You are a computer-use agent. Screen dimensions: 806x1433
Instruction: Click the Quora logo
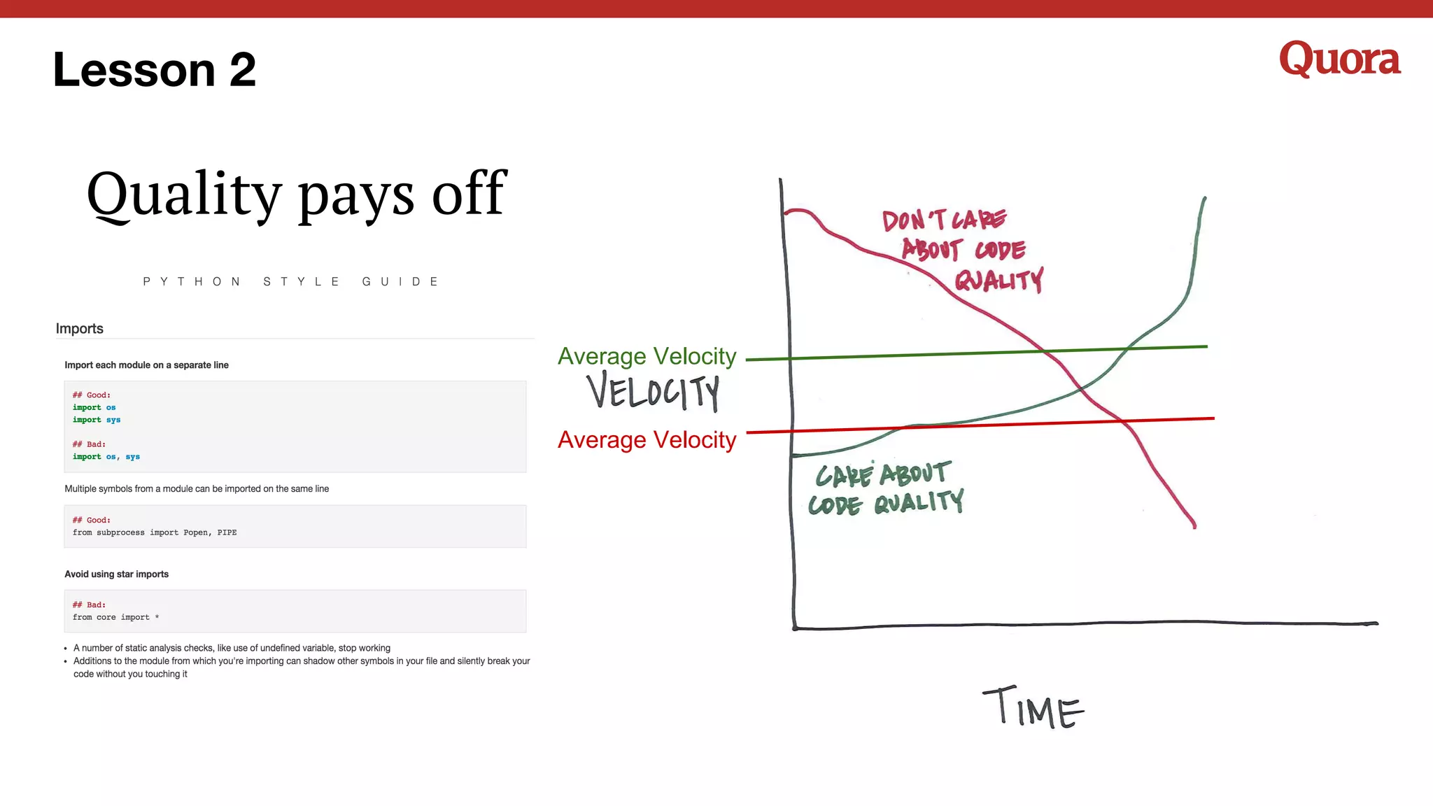click(1339, 59)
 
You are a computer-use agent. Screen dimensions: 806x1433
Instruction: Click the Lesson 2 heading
click(155, 70)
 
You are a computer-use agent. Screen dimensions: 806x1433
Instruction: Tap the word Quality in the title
click(184, 194)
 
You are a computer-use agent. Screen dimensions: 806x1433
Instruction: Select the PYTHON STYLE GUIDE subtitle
click(291, 282)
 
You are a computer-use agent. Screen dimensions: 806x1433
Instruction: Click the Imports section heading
click(79, 329)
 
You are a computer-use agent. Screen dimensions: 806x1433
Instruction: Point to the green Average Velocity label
click(647, 356)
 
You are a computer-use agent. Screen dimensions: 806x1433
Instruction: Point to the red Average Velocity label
click(647, 440)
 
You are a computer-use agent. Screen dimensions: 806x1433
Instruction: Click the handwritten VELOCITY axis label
click(653, 392)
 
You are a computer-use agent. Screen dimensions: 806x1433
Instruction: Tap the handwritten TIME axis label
click(1033, 708)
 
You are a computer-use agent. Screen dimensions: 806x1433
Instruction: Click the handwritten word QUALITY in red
click(998, 281)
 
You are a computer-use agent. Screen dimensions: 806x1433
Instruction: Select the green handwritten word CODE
click(835, 505)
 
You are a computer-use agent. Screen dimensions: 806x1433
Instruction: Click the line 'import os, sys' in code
click(106, 457)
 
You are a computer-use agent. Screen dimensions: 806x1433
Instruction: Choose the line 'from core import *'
click(115, 617)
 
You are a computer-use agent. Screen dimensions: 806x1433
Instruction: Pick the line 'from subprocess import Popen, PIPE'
click(155, 532)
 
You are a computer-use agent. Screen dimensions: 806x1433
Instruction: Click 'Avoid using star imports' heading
click(116, 574)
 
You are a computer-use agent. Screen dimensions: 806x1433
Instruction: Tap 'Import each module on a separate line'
click(146, 365)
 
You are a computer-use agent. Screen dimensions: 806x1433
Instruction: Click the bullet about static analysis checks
click(232, 648)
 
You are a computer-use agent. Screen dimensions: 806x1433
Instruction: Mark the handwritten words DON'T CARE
click(943, 220)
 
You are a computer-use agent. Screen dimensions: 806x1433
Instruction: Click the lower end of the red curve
click(1194, 525)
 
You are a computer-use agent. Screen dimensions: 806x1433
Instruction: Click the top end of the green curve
click(1204, 199)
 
